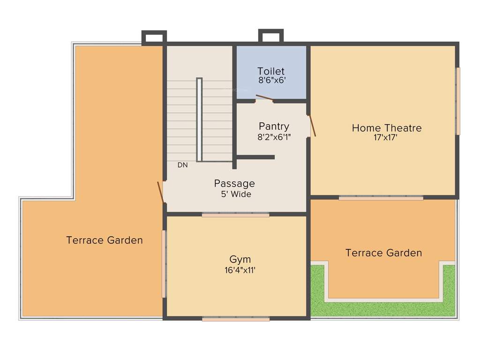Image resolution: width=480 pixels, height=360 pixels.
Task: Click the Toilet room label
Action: (x=271, y=71)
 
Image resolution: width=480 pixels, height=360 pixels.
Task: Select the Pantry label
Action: (x=274, y=127)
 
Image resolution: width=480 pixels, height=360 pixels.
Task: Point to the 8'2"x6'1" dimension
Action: (x=274, y=137)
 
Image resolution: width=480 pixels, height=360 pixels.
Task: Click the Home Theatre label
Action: (x=387, y=128)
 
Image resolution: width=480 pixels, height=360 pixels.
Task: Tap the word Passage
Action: (x=234, y=183)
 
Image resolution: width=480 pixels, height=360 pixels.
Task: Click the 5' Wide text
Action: (x=236, y=194)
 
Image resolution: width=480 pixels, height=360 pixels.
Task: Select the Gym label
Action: (x=240, y=259)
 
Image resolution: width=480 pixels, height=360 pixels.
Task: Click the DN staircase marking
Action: (x=182, y=165)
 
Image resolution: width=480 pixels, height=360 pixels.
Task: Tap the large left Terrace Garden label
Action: (x=105, y=240)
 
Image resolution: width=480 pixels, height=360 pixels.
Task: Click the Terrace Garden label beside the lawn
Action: (x=383, y=253)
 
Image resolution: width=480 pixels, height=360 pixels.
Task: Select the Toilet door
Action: (x=264, y=98)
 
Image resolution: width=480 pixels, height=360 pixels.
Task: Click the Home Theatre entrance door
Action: (x=312, y=126)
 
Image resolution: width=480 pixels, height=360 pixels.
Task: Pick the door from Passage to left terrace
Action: (x=160, y=192)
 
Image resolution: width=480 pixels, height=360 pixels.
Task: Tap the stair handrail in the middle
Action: (x=199, y=120)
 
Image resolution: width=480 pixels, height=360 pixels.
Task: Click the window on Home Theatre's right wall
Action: (x=458, y=101)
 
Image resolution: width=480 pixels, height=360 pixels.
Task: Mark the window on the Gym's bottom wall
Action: (x=236, y=319)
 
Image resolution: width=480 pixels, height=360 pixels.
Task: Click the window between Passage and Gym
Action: (x=236, y=215)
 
